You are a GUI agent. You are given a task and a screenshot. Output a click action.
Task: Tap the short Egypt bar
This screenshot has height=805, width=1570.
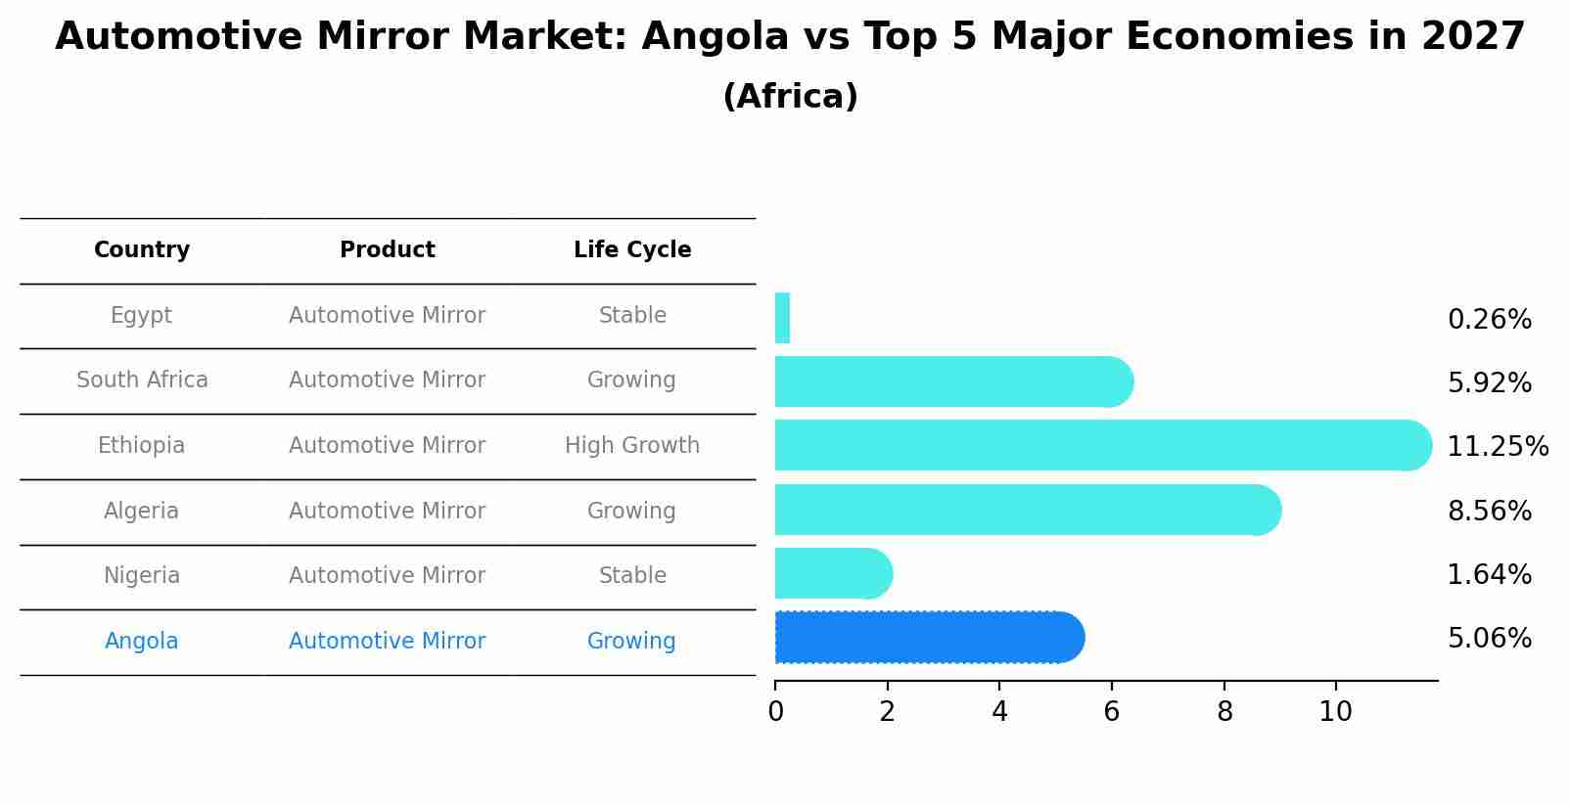click(x=782, y=318)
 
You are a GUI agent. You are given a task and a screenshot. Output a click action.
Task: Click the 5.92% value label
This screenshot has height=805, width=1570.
click(x=1489, y=382)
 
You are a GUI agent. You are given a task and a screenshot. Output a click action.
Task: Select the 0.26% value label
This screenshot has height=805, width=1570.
click(x=1489, y=319)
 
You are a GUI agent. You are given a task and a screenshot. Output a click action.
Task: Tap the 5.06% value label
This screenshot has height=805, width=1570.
click(x=1489, y=638)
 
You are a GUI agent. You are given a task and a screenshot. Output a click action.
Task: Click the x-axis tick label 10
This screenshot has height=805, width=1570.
click(x=1335, y=711)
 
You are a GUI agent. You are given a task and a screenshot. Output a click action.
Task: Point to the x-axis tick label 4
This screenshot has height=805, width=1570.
click(x=999, y=711)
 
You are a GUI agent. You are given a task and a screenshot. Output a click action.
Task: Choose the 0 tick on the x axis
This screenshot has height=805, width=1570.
click(x=775, y=711)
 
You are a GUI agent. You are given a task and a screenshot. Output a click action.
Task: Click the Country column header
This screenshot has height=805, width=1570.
click(x=142, y=249)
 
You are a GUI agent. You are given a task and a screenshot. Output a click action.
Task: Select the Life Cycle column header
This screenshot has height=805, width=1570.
click(x=632, y=249)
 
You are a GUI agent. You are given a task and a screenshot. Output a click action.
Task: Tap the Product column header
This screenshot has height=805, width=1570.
click(x=387, y=249)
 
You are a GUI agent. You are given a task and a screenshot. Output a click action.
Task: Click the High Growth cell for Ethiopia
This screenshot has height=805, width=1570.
click(x=632, y=445)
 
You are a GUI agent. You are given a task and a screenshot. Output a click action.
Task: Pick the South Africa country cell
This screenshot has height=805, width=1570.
click(x=142, y=380)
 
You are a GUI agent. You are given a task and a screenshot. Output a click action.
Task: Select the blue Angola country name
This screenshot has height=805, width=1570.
click(x=142, y=641)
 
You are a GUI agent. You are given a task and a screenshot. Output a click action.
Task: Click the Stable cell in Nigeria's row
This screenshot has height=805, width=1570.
click(x=632, y=575)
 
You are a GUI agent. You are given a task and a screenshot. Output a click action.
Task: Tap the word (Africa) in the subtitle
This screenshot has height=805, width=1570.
click(x=790, y=96)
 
